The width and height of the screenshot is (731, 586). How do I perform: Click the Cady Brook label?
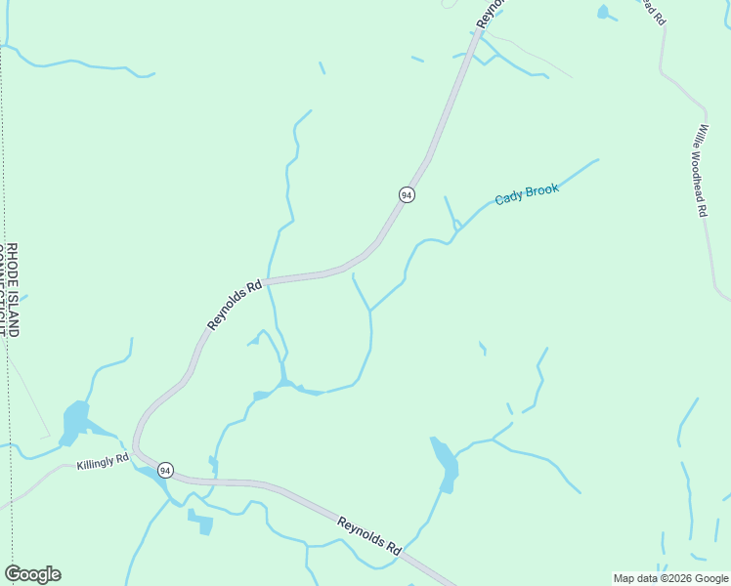pos(527,193)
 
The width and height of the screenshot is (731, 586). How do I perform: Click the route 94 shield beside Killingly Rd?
pos(166,470)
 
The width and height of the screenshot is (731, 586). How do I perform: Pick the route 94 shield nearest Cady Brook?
pos(407,194)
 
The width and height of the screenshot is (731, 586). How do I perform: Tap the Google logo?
pos(32,574)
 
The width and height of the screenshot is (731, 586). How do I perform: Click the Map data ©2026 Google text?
pos(670,578)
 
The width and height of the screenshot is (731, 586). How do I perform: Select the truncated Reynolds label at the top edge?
pos(493,12)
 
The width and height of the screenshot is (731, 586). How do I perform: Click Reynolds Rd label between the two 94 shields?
pos(236,305)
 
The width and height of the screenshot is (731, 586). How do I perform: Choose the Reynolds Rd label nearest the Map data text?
pos(370,535)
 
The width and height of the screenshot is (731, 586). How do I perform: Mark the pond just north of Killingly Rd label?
pos(74,421)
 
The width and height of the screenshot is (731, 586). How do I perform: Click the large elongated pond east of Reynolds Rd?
pos(445,463)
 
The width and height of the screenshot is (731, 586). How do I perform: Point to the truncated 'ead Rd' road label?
pos(654,12)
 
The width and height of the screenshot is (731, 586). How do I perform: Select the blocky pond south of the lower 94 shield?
pos(200,523)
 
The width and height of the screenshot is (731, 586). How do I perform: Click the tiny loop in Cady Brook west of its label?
pos(456,226)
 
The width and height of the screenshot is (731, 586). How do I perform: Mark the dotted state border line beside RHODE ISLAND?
pos(4,195)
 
